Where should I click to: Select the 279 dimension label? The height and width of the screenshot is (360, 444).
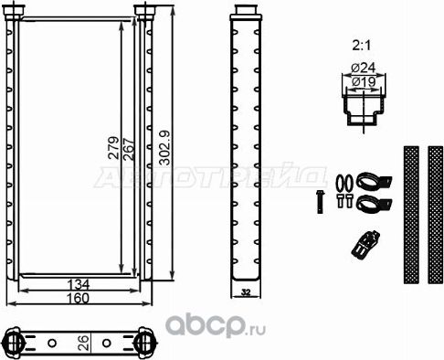tap(114, 146)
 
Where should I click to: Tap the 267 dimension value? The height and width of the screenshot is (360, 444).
tap(128, 146)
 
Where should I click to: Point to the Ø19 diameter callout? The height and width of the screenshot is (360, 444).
tap(364, 81)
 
